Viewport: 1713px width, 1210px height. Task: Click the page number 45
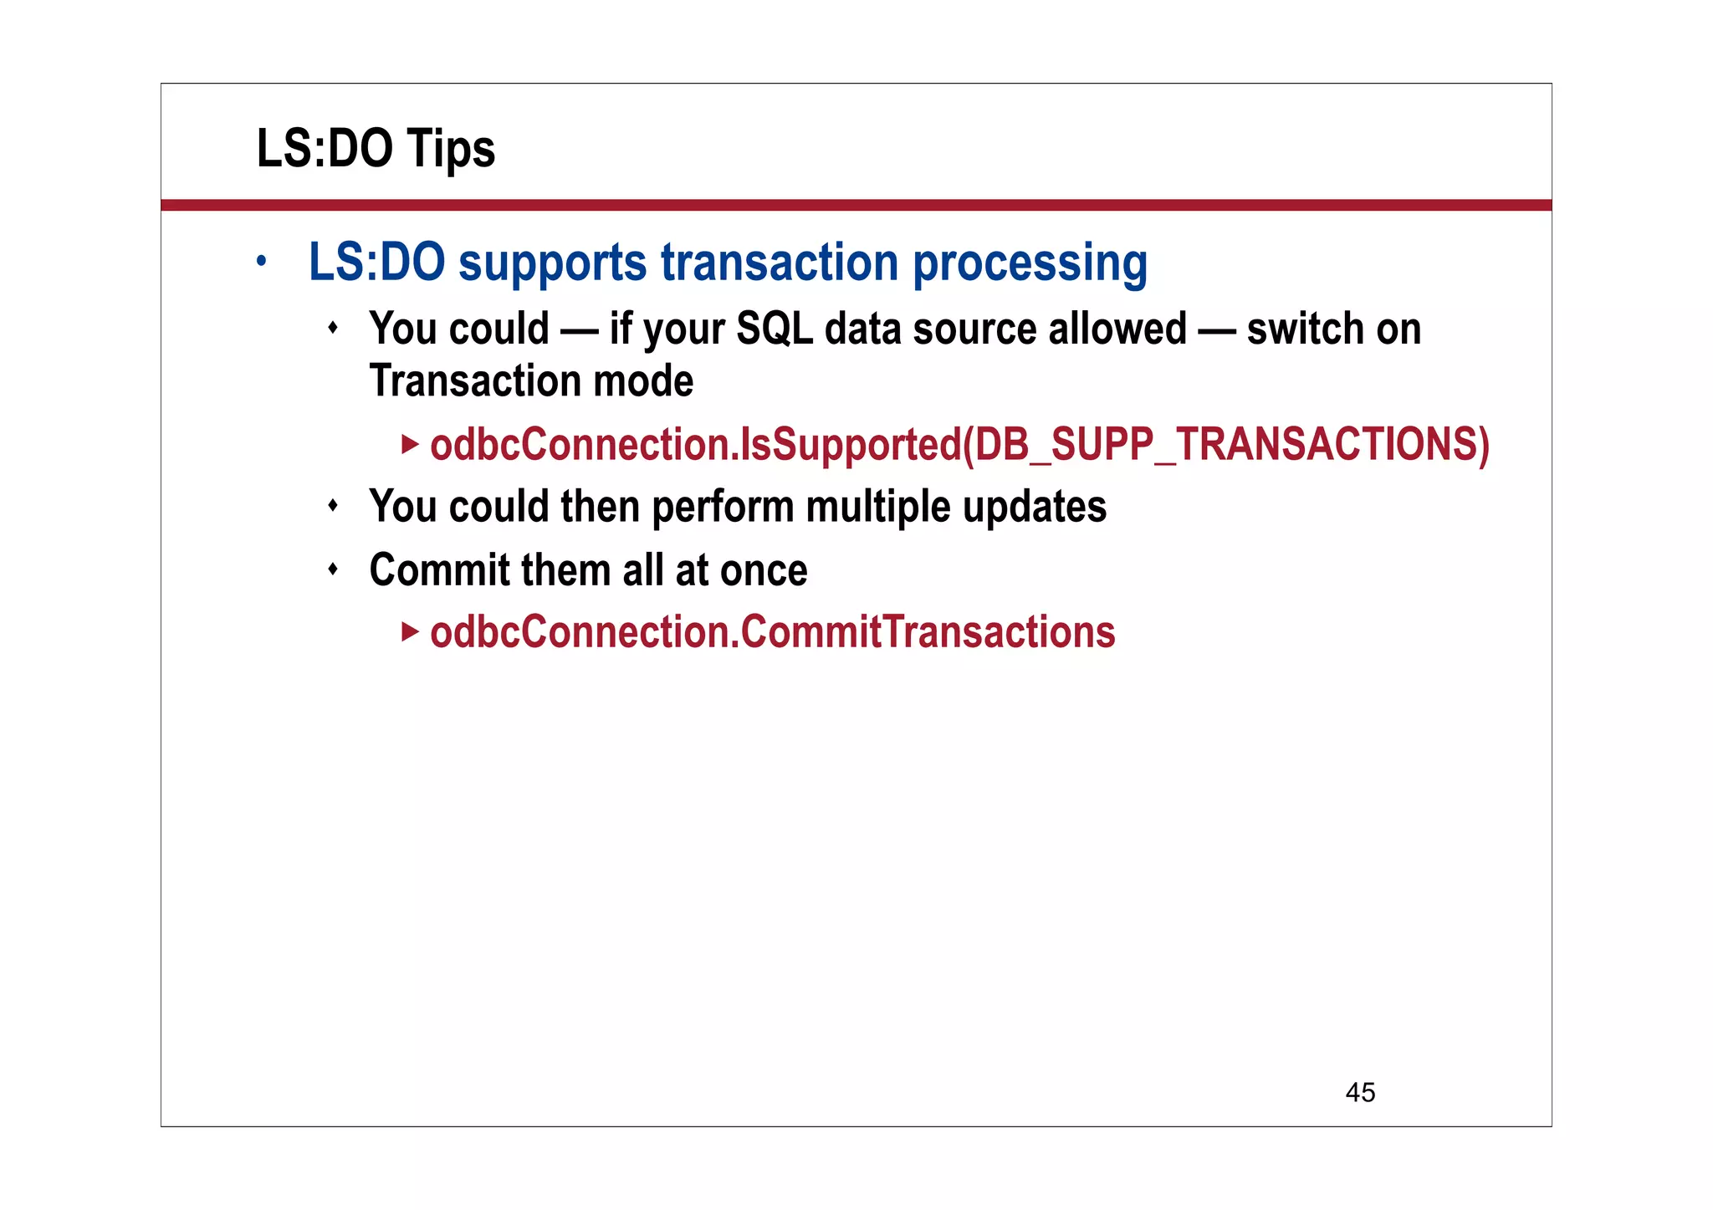coord(1360,1092)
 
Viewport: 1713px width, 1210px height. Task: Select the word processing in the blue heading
coord(1030,263)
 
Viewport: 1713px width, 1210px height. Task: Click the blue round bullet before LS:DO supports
coord(262,261)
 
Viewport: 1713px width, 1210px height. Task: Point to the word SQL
coord(774,329)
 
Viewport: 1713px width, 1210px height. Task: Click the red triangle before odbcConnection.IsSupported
coord(409,444)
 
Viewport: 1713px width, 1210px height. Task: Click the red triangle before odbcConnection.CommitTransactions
coord(409,631)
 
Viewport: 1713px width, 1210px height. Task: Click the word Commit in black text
coord(439,570)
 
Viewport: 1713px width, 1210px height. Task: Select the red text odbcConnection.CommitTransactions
coord(772,632)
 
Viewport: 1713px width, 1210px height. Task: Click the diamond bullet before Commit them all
coord(333,570)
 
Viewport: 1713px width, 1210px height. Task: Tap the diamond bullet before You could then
coord(333,506)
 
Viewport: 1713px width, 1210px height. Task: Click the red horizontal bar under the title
coord(856,205)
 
